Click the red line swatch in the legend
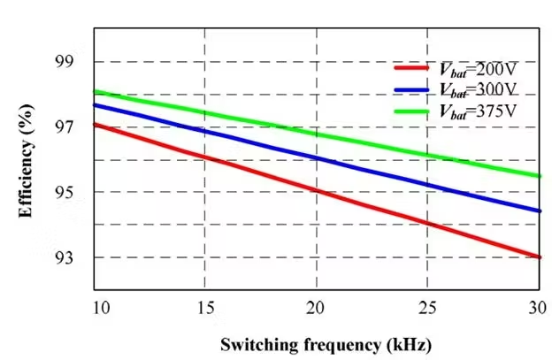[x=410, y=67]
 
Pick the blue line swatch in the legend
[x=410, y=88]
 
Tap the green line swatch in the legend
[x=410, y=111]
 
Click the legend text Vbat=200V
[x=477, y=68]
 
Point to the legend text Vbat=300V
[x=477, y=89]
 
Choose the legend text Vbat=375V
[x=477, y=111]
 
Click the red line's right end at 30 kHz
[x=539, y=257]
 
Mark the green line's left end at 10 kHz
[x=95, y=91]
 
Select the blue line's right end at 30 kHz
[x=539, y=211]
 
